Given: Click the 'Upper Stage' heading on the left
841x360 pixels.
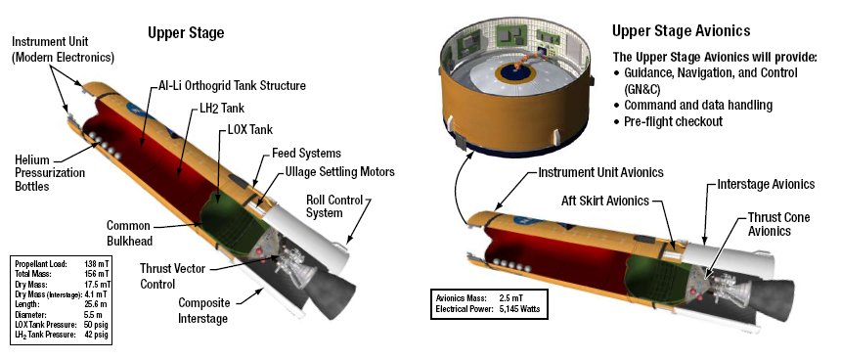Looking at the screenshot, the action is pos(186,33).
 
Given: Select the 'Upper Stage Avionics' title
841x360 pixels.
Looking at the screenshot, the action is pos(682,30).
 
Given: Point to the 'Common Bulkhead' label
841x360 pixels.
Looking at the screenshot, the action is pos(129,233).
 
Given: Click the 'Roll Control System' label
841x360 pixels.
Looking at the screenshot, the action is pos(334,206).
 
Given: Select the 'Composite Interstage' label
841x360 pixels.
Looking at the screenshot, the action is pos(203,311).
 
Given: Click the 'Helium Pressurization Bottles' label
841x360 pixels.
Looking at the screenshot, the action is pos(50,173).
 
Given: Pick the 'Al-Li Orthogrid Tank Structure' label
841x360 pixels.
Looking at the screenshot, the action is pos(232,85).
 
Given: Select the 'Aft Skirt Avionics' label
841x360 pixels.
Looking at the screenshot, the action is pos(605,201).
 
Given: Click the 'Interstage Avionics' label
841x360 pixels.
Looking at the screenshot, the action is pos(766,184).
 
